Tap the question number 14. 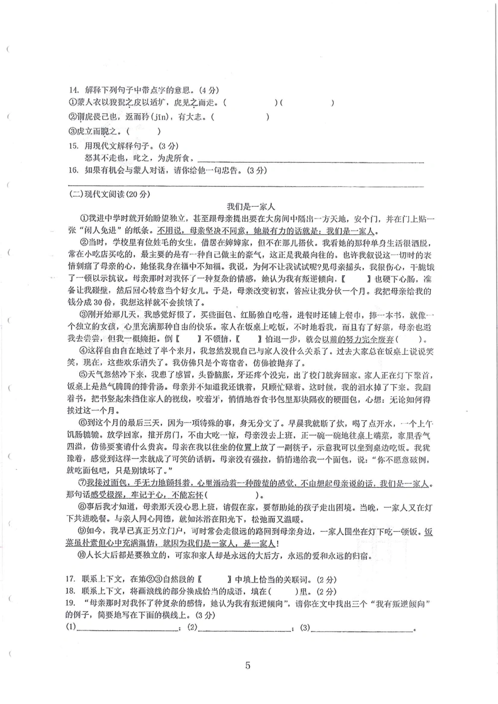click(74, 90)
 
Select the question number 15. click(74, 146)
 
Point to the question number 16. click(74, 170)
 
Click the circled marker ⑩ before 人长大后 click(83, 556)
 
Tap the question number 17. click(71, 580)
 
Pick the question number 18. click(71, 591)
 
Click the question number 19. click(71, 603)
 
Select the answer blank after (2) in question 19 click(245, 628)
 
